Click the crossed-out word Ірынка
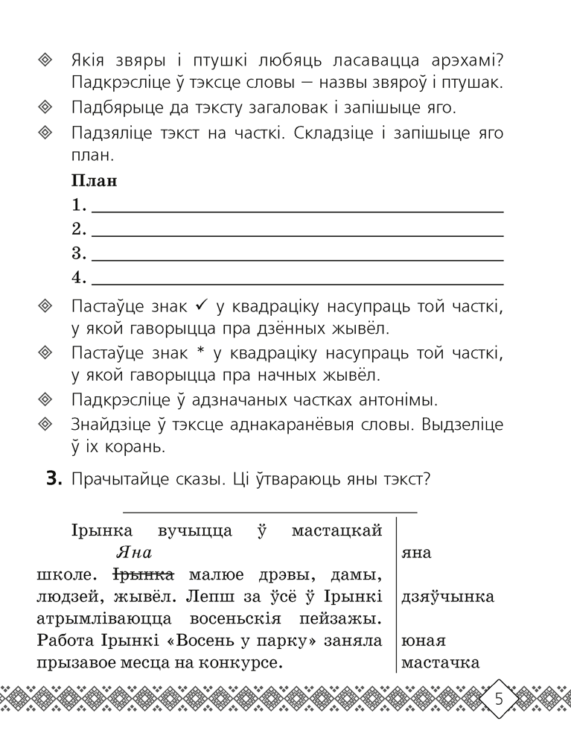pyautogui.click(x=143, y=574)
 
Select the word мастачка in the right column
pyautogui.click(x=438, y=662)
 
